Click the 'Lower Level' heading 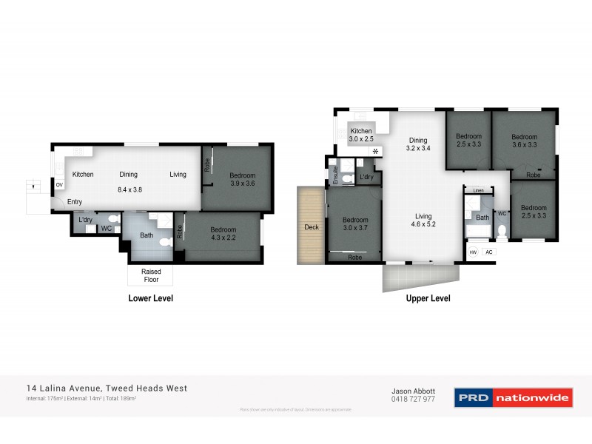click(151, 299)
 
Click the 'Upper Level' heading click(428, 299)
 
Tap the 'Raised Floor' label click(151, 276)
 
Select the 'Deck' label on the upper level click(312, 227)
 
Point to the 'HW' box click(473, 252)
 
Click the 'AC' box click(488, 252)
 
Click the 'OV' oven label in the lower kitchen click(59, 185)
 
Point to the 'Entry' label click(75, 202)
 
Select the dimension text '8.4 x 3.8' click(130, 189)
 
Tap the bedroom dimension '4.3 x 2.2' click(223, 238)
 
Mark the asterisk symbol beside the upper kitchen click(376, 152)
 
